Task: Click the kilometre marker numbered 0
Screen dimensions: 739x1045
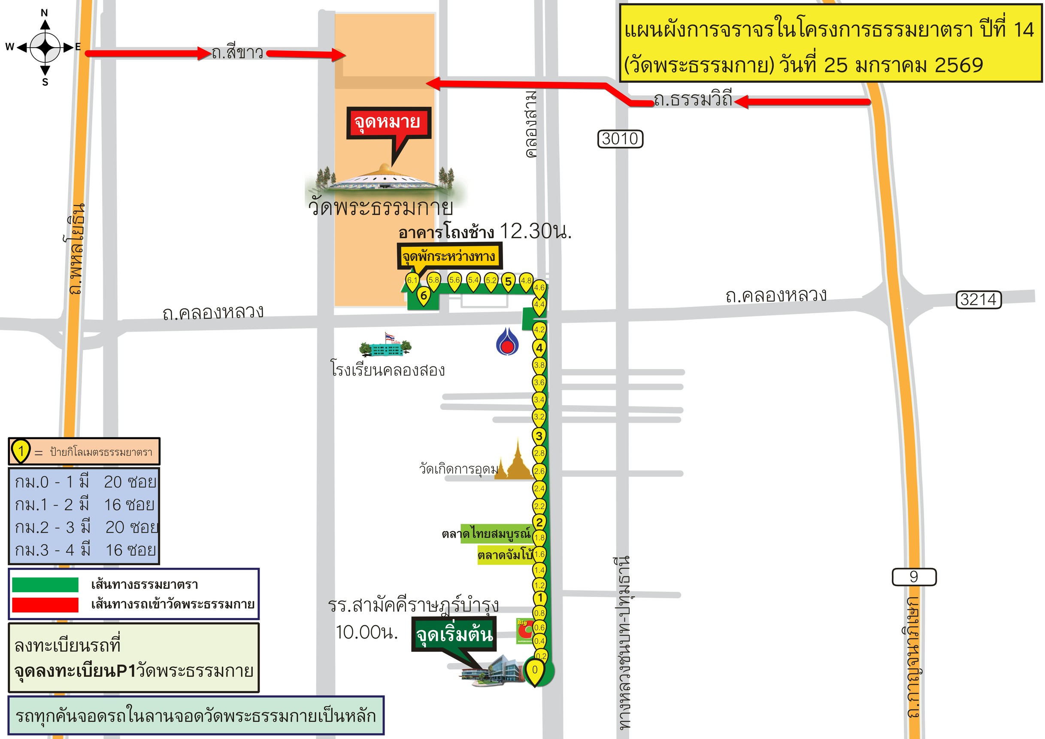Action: coord(535,670)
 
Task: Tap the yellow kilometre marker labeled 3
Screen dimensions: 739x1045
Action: coord(539,436)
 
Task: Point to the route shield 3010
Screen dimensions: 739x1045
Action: coord(620,139)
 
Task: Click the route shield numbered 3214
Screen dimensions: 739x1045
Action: coord(978,300)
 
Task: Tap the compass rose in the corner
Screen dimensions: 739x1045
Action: coord(45,47)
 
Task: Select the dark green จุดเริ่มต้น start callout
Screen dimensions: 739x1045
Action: coord(454,634)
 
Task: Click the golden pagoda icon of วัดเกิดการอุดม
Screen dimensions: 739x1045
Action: coord(516,462)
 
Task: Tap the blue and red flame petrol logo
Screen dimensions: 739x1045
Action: coord(506,342)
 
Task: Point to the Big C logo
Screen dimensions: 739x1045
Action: coord(524,630)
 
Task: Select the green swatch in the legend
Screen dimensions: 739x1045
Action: coord(45,584)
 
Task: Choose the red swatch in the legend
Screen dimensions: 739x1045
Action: coord(45,605)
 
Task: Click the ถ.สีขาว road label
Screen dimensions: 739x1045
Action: coord(237,53)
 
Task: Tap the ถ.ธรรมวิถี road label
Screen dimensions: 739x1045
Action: coord(693,100)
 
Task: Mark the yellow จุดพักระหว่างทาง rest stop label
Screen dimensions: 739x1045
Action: coord(449,256)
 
